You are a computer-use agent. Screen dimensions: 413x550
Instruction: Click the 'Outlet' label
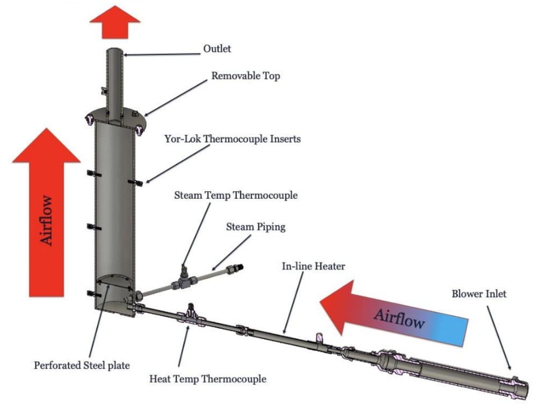point(216,49)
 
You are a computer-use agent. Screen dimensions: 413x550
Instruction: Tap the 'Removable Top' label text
point(245,76)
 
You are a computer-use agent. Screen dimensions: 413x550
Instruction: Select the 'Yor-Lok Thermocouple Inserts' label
point(233,139)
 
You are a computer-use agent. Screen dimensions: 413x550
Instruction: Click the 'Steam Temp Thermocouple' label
point(235,195)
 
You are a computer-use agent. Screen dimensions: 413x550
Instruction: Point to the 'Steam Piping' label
point(255,227)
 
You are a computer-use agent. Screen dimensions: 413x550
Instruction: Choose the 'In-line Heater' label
point(314,266)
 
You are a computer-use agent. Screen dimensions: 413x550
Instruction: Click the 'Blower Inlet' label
point(479,294)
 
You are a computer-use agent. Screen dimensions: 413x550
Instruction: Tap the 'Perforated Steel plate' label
point(82,365)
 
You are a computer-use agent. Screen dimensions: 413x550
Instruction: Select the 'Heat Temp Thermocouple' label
point(207,379)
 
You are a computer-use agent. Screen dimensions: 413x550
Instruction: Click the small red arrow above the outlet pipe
point(114,21)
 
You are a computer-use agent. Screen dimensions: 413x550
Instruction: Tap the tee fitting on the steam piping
point(184,281)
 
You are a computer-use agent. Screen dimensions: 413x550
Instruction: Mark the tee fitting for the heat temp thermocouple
point(191,317)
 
